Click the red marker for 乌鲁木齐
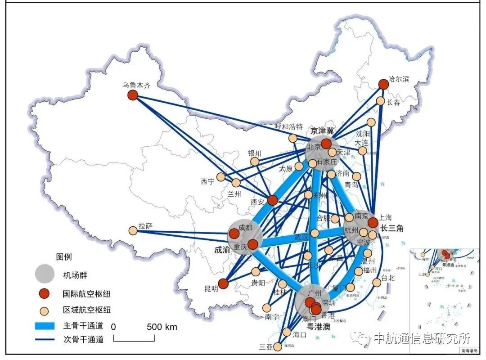[132, 95]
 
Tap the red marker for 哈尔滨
[383, 84]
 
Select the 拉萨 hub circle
[133, 230]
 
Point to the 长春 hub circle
[381, 101]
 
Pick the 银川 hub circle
[255, 162]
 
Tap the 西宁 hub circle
[220, 177]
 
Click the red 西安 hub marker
[272, 200]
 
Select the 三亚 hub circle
[278, 347]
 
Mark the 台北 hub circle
[376, 283]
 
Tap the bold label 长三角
[392, 228]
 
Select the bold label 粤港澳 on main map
[319, 327]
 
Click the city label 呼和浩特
[289, 126]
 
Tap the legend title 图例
[63, 257]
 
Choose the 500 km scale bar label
[162, 327]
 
